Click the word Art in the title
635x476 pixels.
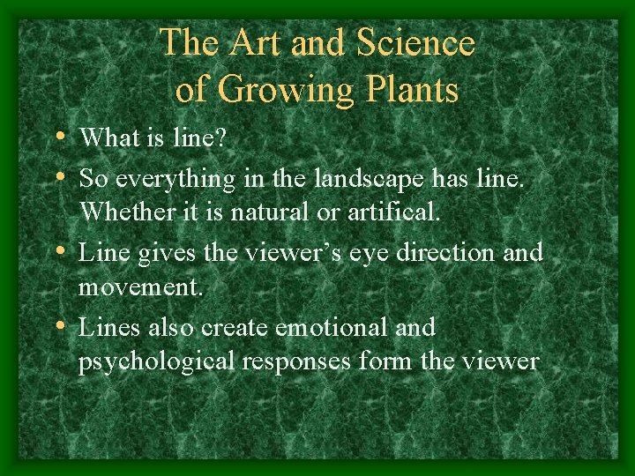pos(254,43)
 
